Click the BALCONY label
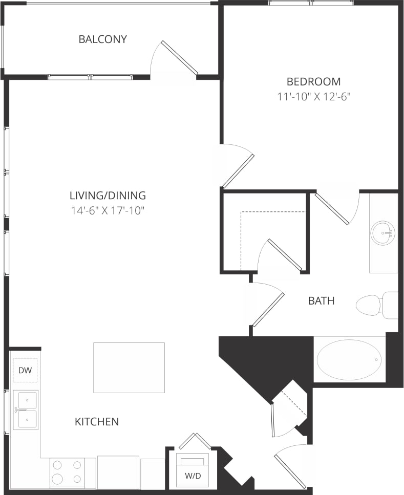click(102, 39)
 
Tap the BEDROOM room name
click(313, 81)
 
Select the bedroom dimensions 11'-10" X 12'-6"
click(313, 96)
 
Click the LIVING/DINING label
click(108, 196)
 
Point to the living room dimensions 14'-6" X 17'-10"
click(108, 210)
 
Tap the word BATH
click(321, 301)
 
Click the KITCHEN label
click(97, 422)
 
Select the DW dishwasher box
click(25, 370)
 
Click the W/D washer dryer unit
click(192, 470)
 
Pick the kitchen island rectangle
click(129, 368)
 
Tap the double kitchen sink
click(25, 410)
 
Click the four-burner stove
click(67, 472)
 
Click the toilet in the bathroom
click(373, 305)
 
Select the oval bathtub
click(349, 360)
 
